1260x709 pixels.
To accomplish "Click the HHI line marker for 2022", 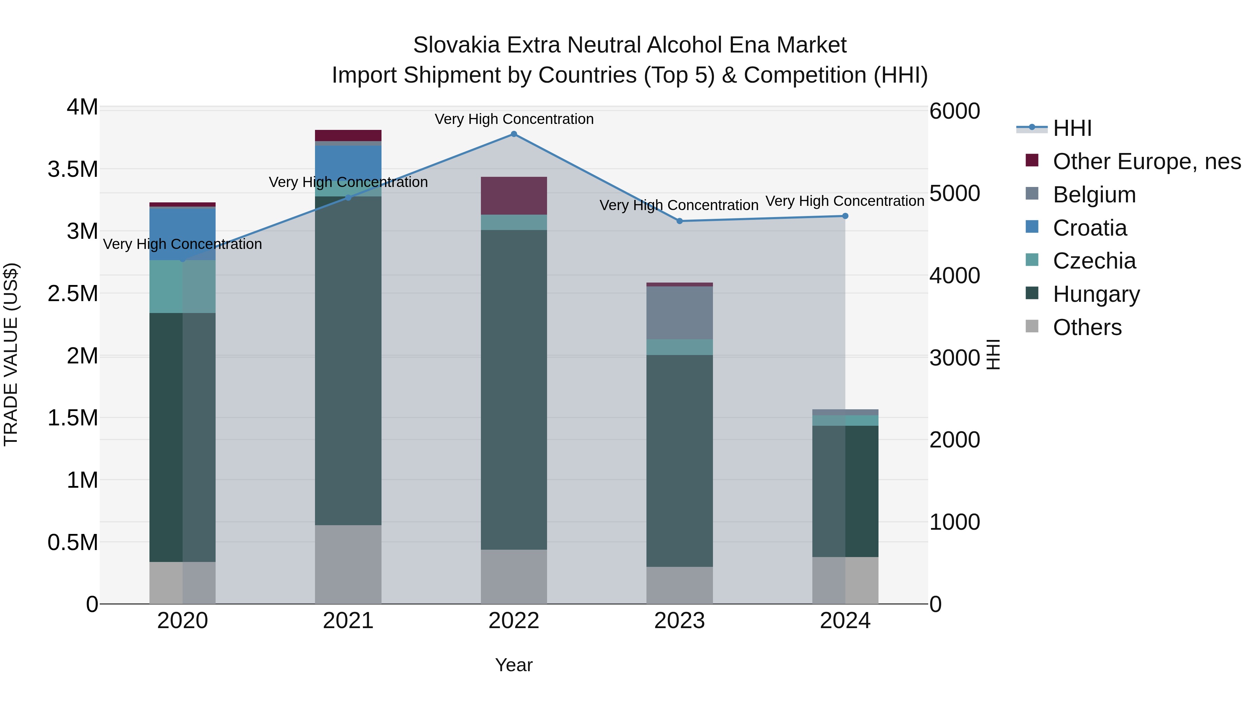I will pos(513,134).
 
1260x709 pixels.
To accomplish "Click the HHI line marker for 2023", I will pos(679,221).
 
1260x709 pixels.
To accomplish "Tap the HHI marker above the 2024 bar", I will pos(845,216).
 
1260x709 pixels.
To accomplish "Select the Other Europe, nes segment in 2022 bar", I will pos(513,196).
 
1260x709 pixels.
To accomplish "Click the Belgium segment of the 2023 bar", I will pos(679,313).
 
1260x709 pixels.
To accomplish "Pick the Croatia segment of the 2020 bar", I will pos(182,234).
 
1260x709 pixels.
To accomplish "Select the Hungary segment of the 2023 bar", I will pos(679,460).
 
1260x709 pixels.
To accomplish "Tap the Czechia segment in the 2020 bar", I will pos(182,287).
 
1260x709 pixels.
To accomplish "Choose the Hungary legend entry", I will pos(1096,294).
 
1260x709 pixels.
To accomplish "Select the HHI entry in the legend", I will pos(1072,128).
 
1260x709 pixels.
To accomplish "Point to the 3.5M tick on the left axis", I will pos(72,169).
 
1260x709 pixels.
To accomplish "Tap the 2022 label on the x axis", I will pos(513,621).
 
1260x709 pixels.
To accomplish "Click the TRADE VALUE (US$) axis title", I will pos(11,354).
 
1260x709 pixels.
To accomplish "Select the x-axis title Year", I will pos(513,665).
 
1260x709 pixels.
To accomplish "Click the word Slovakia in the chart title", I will pos(456,45).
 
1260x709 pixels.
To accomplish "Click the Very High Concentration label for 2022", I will pos(513,119).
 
